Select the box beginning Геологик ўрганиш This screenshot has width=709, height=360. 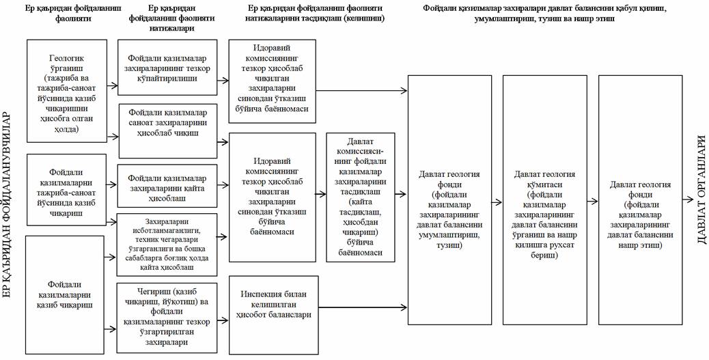pyautogui.click(x=66, y=89)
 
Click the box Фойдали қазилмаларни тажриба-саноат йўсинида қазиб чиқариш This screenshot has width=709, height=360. pyautogui.click(x=66, y=190)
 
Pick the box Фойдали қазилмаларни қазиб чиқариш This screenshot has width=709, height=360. pyautogui.click(x=66, y=293)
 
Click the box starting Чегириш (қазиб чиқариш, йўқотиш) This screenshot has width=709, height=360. pyautogui.click(x=167, y=316)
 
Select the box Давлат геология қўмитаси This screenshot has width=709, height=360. pyautogui.click(x=545, y=200)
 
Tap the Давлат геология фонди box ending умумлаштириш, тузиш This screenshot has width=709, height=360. pyautogui.click(x=449, y=200)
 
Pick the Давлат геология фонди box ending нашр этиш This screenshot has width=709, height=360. pyautogui.click(x=640, y=200)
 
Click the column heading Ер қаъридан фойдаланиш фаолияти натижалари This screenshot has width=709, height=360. pyautogui.click(x=172, y=19)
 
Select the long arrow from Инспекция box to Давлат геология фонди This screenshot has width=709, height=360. pyautogui.click(x=361, y=309)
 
